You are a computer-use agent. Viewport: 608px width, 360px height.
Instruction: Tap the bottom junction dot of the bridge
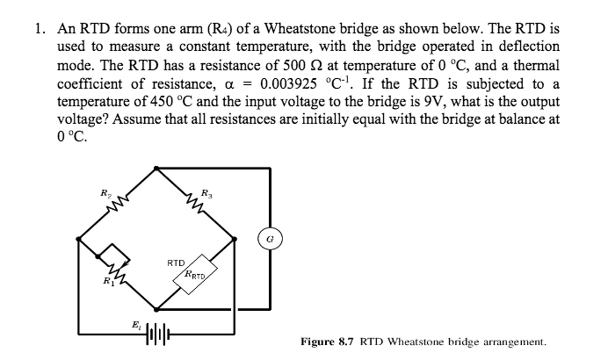click(156, 309)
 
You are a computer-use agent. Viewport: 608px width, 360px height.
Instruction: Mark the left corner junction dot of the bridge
click(79, 237)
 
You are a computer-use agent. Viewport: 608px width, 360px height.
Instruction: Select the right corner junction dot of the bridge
click(235, 237)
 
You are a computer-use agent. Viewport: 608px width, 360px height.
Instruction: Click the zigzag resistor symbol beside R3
click(195, 204)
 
